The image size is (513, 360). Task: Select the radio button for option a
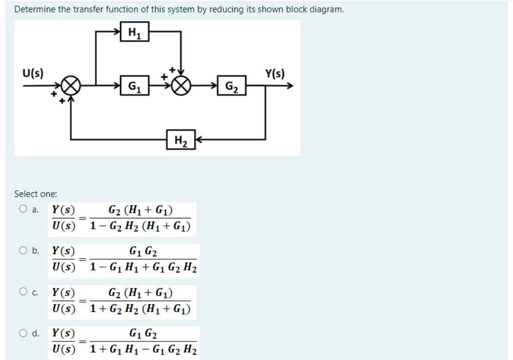24,210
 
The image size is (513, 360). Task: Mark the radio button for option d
24,332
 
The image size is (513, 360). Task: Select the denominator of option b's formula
143,269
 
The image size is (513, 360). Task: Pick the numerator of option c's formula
141,292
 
